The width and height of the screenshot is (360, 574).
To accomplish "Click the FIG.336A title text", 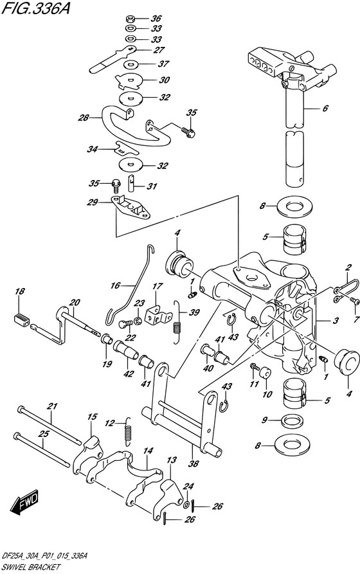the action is [x=35, y=8].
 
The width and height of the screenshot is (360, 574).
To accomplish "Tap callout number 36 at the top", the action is [x=156, y=18].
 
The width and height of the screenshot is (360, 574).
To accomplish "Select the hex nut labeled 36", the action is [x=129, y=18].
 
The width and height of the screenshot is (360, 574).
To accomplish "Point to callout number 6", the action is [x=325, y=109].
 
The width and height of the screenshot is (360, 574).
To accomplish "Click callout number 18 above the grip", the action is [x=20, y=291].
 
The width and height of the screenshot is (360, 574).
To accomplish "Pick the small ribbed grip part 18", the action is [x=22, y=319].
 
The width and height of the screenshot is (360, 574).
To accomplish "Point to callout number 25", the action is [x=44, y=434].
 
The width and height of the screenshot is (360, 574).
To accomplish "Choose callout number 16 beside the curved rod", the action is [x=115, y=285].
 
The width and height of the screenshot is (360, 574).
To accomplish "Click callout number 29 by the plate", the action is [x=93, y=202].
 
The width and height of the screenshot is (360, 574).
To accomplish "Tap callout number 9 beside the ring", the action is [x=265, y=420].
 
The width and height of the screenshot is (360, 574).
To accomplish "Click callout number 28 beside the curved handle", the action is [x=84, y=118].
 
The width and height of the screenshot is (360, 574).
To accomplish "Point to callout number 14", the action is [x=148, y=451].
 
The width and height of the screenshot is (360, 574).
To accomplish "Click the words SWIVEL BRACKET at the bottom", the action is [x=30, y=568].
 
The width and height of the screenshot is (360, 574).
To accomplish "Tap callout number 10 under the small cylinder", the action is [x=267, y=394].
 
